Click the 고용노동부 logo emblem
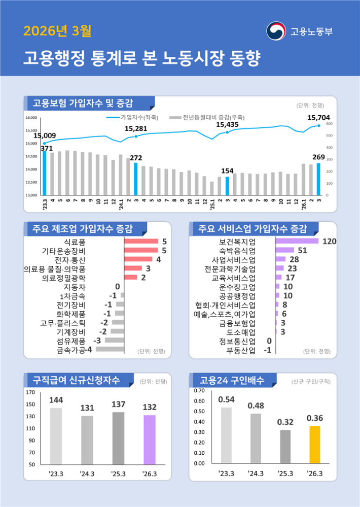pyautogui.click(x=276, y=31)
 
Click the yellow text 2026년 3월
pyautogui.click(x=57, y=31)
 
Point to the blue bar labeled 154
pyautogui.click(x=227, y=186)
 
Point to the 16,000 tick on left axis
pyautogui.click(x=31, y=117)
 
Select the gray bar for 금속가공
pyautogui.click(x=110, y=349)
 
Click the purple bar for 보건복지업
pyautogui.click(x=297, y=241)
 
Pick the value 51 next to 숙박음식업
pyautogui.click(x=303, y=250)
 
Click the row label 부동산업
pyautogui.click(x=241, y=350)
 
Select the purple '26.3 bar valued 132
pyautogui.click(x=149, y=440)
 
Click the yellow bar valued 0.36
pyautogui.click(x=315, y=445)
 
